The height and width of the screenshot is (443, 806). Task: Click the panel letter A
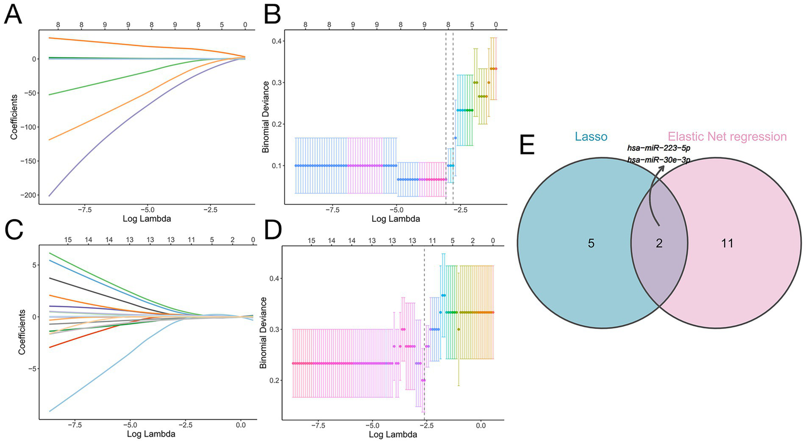point(13,14)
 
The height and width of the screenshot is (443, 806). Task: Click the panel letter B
point(272,14)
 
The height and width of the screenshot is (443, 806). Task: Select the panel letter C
point(13,230)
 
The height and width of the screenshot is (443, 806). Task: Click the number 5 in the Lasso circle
point(591,243)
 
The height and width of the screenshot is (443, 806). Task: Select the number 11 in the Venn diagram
point(727,243)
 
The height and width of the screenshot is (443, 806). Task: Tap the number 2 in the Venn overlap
point(659,243)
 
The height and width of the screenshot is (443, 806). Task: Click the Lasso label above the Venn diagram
point(591,137)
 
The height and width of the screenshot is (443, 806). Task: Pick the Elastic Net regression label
point(727,137)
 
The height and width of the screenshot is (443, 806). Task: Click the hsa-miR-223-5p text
point(658,148)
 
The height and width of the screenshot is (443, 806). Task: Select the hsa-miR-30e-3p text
point(658,159)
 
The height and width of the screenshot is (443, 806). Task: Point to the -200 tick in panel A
point(26,195)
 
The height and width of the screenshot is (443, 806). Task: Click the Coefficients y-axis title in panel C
point(22,332)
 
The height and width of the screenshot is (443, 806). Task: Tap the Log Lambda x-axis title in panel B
point(395,219)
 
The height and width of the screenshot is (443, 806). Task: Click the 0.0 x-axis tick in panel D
point(480,425)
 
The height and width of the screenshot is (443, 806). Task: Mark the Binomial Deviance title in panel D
point(264,332)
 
